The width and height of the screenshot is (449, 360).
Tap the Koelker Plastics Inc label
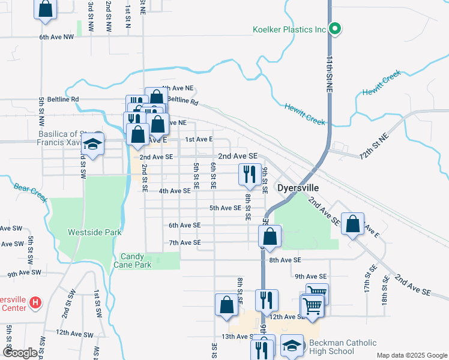coord(289,29)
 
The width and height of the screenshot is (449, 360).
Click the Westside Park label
coord(95,232)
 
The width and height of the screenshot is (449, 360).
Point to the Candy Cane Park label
coord(136,260)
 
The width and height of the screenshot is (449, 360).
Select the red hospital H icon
coord(35,302)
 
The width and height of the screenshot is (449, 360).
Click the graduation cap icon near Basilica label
coord(93,145)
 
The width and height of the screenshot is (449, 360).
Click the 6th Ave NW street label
coord(56,37)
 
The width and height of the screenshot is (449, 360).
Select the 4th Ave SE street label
coord(175,191)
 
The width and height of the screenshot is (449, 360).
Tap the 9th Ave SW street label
coord(25,272)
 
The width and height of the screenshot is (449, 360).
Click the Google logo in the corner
coord(20,353)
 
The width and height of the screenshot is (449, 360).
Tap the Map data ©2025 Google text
coord(411,355)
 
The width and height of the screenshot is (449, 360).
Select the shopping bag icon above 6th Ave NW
coord(45,8)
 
